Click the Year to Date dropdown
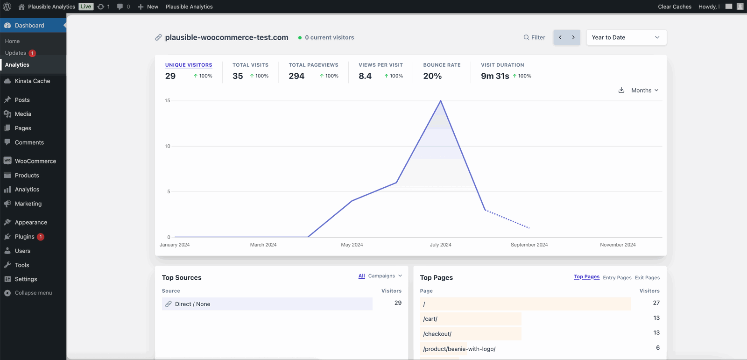[x=626, y=37]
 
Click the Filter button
[x=534, y=37]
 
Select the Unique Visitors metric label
[x=189, y=65]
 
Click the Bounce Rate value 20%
[x=432, y=76]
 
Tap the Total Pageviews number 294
[x=296, y=76]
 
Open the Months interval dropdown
[x=645, y=91]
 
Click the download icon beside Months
[x=621, y=90]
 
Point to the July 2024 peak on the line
[x=440, y=101]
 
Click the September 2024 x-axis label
[x=529, y=245]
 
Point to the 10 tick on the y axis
[x=168, y=146]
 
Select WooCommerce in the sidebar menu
[x=35, y=161]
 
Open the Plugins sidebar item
[x=25, y=237]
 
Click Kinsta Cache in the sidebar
[x=32, y=81]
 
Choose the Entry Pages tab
[x=617, y=277]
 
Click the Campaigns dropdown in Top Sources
[x=385, y=276]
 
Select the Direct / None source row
[x=192, y=304]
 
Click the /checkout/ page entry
[x=437, y=334]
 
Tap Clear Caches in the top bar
[x=674, y=7]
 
